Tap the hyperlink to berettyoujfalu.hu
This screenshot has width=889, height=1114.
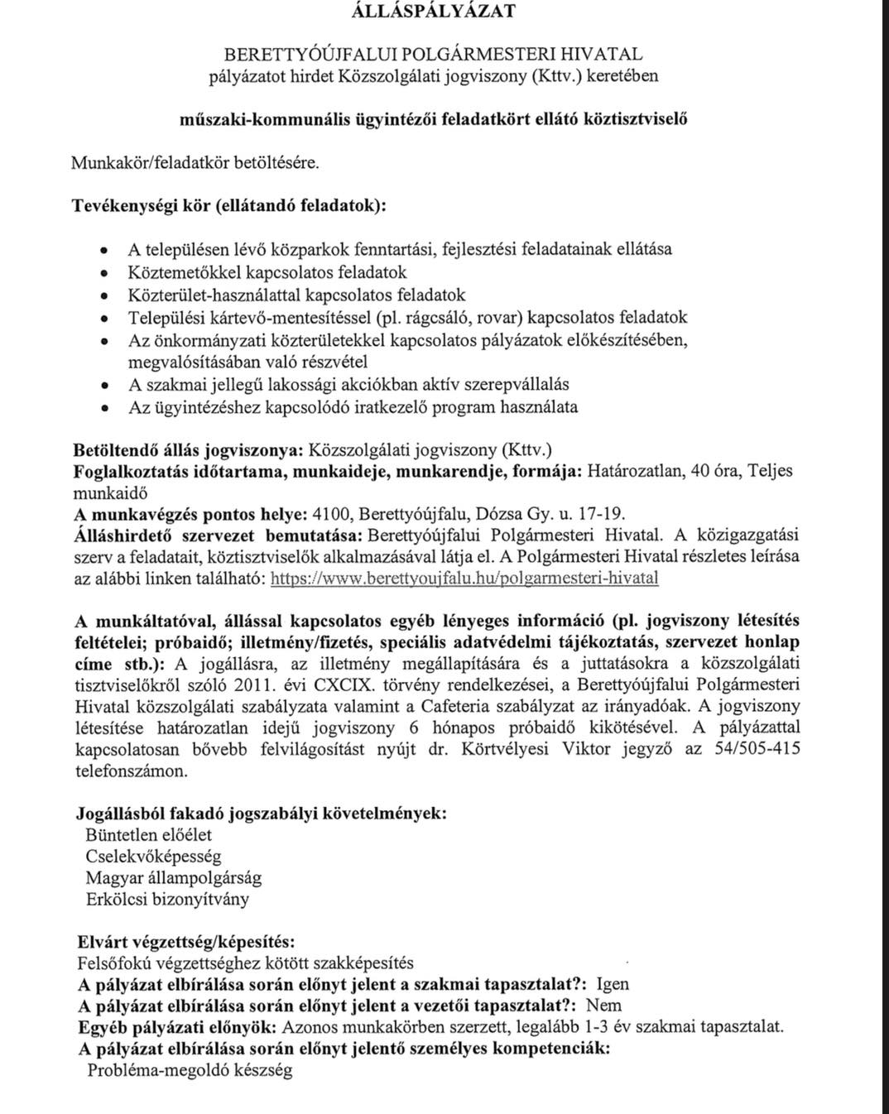point(464,579)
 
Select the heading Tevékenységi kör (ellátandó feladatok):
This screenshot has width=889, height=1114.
point(229,204)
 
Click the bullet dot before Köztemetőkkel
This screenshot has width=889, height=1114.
point(104,273)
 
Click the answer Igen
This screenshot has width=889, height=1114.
point(613,984)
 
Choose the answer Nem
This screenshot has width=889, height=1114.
point(603,1006)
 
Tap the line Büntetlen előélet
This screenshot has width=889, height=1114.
point(149,835)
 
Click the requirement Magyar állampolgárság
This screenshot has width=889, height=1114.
point(174,878)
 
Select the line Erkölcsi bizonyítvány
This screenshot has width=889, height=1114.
point(167,900)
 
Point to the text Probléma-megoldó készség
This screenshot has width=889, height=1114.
point(190,1070)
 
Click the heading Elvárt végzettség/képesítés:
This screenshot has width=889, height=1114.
point(185,942)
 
